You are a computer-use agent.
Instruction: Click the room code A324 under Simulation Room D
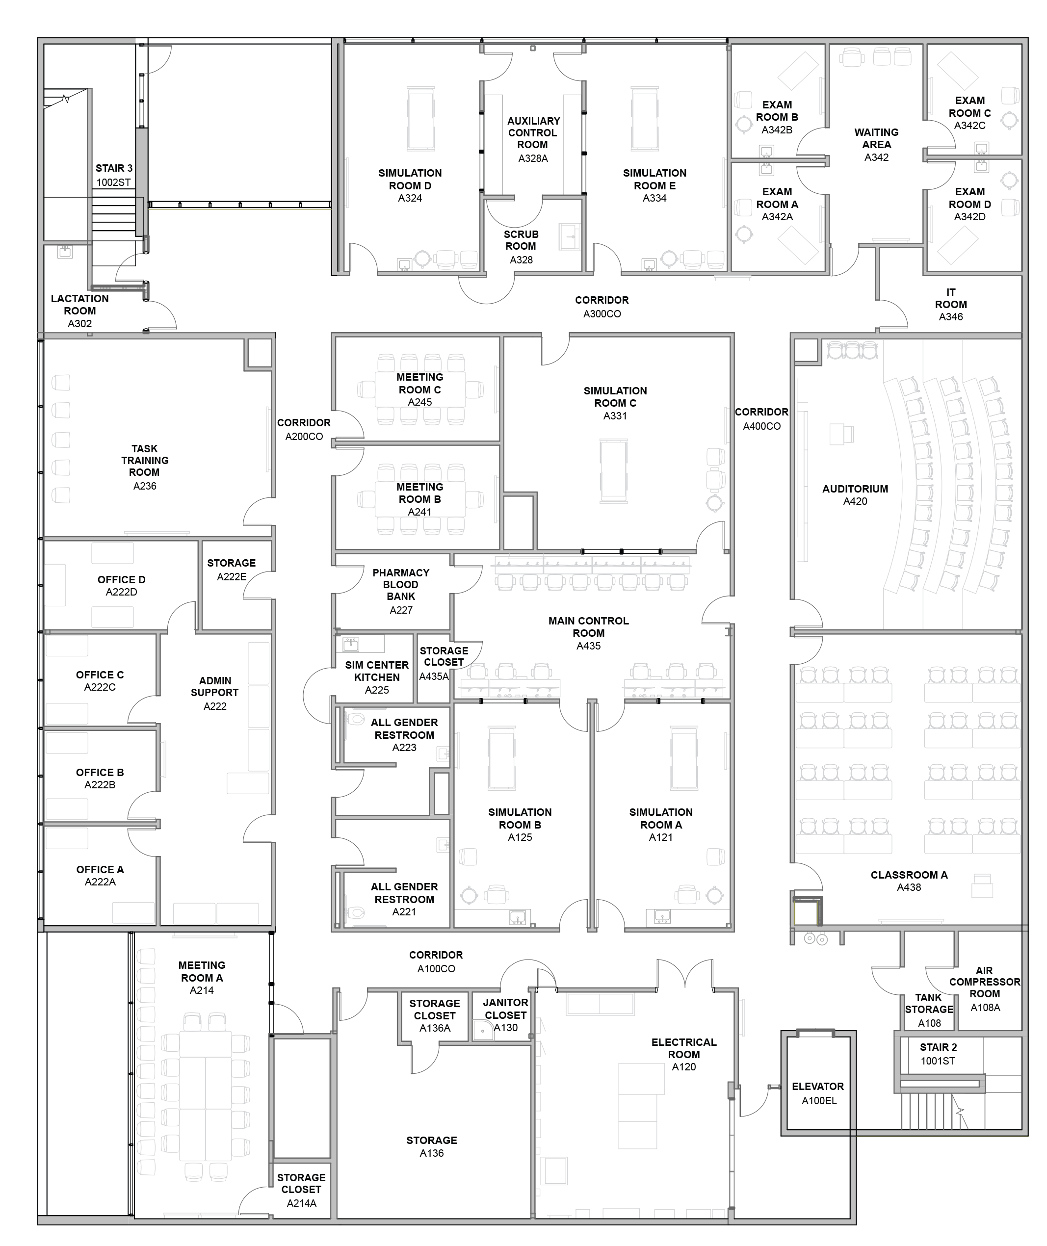[410, 198]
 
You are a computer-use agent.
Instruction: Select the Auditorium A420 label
[855, 495]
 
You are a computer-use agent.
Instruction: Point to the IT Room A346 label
[950, 304]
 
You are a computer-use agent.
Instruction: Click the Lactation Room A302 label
[79, 311]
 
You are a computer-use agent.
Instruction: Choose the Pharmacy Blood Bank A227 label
[401, 591]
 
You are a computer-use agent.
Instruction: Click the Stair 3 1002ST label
[114, 175]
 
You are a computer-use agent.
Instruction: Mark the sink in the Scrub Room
[570, 237]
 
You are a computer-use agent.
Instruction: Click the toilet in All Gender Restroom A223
[356, 720]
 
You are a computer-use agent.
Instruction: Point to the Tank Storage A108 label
[929, 1010]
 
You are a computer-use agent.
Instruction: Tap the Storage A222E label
[232, 570]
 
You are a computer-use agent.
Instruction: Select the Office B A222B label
[100, 779]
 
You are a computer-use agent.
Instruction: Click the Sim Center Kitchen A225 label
[377, 677]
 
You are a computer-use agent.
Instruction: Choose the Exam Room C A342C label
[969, 113]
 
